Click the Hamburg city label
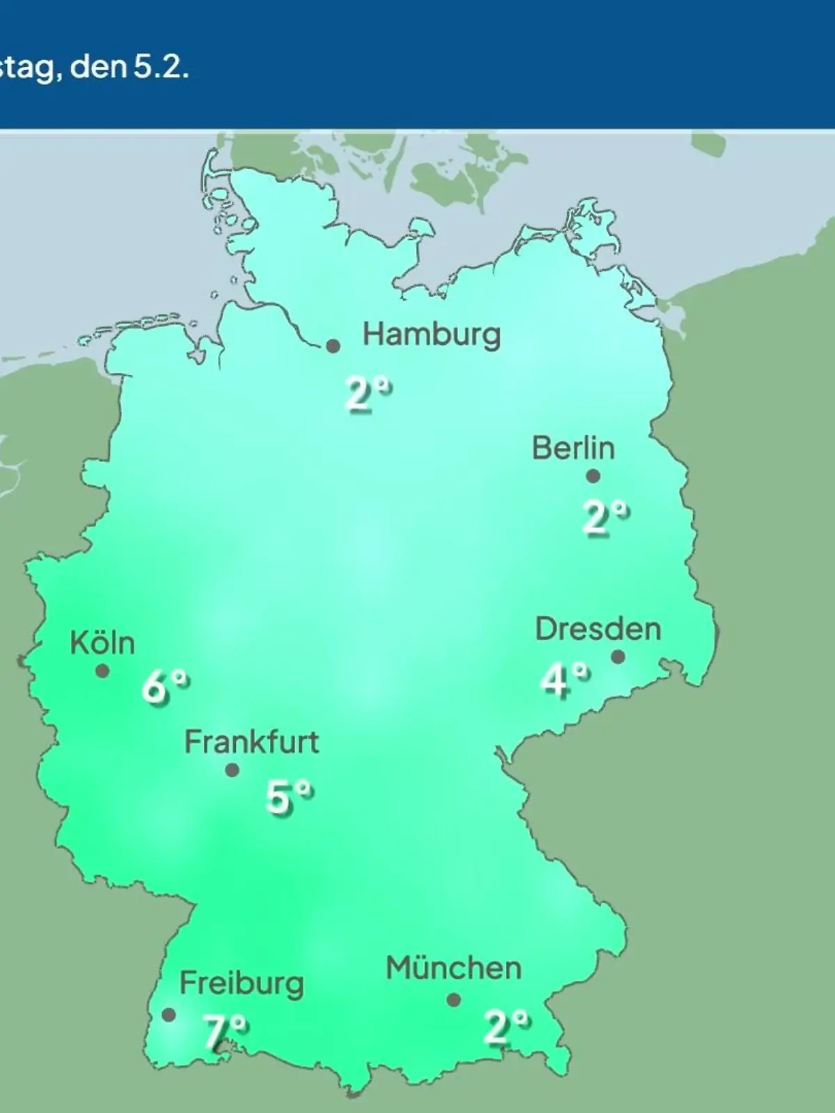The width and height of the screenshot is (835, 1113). [x=431, y=335]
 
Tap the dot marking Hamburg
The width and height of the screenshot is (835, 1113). [x=333, y=346]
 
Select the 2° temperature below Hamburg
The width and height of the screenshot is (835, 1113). [x=368, y=394]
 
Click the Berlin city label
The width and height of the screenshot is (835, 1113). [x=573, y=448]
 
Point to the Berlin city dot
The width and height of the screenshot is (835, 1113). [x=593, y=477]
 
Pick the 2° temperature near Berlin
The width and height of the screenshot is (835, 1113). [x=605, y=518]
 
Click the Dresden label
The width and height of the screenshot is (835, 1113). [x=598, y=629]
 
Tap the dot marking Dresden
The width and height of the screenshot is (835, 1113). [x=618, y=657]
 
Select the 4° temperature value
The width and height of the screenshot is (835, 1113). [x=564, y=680]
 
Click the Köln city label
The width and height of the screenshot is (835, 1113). [x=102, y=643]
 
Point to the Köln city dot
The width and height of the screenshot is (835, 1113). [x=102, y=671]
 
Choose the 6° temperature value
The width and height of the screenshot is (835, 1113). [x=165, y=687]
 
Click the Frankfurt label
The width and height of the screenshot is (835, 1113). [x=251, y=742]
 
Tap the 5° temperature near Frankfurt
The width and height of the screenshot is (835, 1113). [x=289, y=797]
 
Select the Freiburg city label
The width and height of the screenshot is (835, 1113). [x=241, y=984]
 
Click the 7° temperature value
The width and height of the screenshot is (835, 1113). [x=224, y=1032]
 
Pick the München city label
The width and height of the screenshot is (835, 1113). [x=454, y=968]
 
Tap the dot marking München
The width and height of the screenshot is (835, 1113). [x=454, y=1000]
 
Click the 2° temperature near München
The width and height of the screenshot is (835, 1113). [x=506, y=1027]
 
